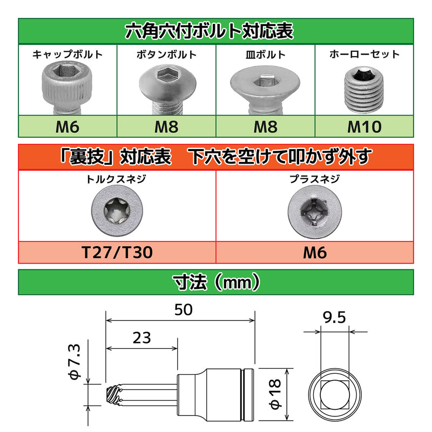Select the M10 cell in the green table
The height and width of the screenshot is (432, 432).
click(365, 127)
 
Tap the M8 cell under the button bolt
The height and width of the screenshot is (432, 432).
click(166, 127)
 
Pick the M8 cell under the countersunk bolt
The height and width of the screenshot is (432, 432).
click(265, 127)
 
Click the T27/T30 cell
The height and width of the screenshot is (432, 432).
click(117, 253)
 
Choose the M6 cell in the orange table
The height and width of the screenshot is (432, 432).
click(315, 253)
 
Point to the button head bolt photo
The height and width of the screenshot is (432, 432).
click(164, 89)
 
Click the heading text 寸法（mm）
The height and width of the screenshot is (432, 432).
click(216, 281)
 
